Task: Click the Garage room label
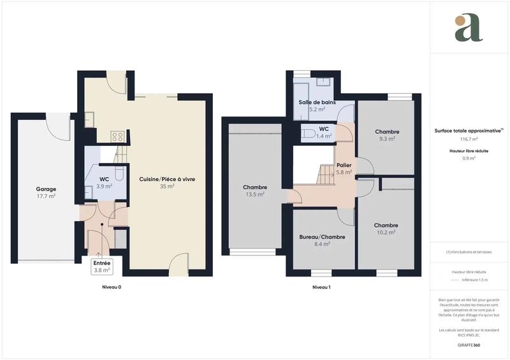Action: pyautogui.click(x=45, y=189)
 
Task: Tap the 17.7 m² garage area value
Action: pyautogui.click(x=45, y=196)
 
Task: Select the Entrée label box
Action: pyautogui.click(x=102, y=266)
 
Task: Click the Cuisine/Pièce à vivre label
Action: pyautogui.click(x=167, y=179)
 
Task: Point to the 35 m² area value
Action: pyautogui.click(x=167, y=187)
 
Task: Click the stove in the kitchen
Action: pyautogui.click(x=117, y=136)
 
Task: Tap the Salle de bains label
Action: pyautogui.click(x=317, y=102)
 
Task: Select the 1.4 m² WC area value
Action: pyautogui.click(x=324, y=136)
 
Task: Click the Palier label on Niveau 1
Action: pyautogui.click(x=344, y=165)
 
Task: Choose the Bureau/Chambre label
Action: pyautogui.click(x=322, y=236)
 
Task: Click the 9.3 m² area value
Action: pyautogui.click(x=386, y=138)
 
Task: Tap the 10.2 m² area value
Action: pyautogui.click(x=386, y=233)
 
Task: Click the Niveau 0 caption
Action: pyautogui.click(x=112, y=287)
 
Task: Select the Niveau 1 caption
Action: pyautogui.click(x=321, y=287)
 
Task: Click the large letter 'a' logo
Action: pyautogui.click(x=469, y=28)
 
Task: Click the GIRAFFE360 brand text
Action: pyautogui.click(x=469, y=345)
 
